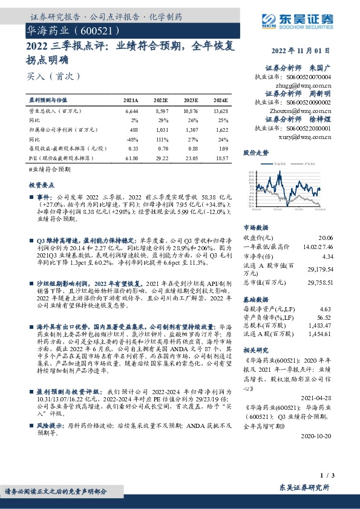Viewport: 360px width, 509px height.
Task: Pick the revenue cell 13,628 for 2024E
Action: [221, 112]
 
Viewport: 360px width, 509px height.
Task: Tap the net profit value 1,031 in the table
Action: [160, 129]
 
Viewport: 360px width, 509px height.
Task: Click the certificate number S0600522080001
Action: [309, 128]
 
